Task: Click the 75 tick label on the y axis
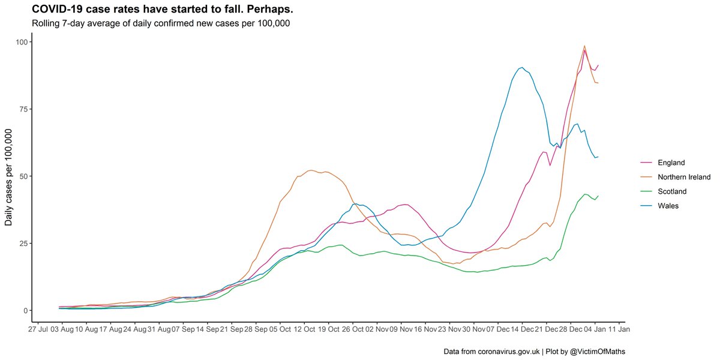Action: click(x=23, y=109)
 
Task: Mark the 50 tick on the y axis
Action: click(x=23, y=176)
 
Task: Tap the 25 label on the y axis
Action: click(x=23, y=244)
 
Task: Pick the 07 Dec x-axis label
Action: click(x=498, y=330)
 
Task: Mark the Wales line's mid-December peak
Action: click(x=522, y=67)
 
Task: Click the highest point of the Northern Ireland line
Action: click(x=584, y=46)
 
